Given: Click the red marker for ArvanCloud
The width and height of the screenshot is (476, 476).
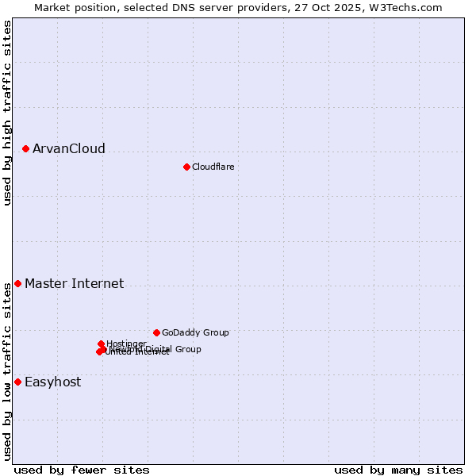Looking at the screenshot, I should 26,148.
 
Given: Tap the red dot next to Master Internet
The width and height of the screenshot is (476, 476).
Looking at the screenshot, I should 18,283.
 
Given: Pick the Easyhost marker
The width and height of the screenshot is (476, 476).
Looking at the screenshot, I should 18,382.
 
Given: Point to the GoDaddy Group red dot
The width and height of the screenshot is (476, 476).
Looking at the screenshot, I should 157,332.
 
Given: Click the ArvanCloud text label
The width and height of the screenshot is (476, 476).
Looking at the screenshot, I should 69,149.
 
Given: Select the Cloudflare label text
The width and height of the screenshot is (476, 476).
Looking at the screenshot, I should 213,167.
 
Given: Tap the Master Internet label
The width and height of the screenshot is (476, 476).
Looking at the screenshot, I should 74,284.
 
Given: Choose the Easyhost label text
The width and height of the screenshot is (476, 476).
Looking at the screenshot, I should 52,382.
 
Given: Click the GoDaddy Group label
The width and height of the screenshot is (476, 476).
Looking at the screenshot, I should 195,333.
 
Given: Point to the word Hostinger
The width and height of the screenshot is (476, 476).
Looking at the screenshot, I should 126,344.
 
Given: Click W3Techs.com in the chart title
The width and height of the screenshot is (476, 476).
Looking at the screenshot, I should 410,7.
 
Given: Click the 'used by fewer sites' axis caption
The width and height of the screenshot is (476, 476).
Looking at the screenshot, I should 82,470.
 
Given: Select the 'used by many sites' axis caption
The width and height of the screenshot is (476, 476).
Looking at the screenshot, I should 398,470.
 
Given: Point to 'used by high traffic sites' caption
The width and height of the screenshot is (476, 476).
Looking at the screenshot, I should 7,113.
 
